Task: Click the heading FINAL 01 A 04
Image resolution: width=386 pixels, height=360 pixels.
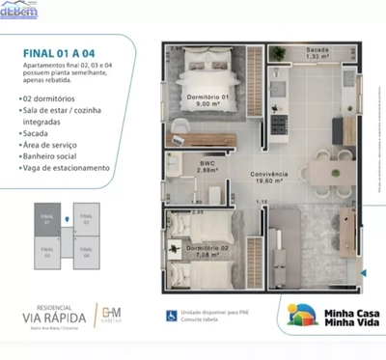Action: click(60, 55)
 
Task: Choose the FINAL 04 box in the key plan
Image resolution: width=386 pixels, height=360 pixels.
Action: click(87, 255)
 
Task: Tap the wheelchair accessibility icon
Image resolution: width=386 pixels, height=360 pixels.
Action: click(172, 315)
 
